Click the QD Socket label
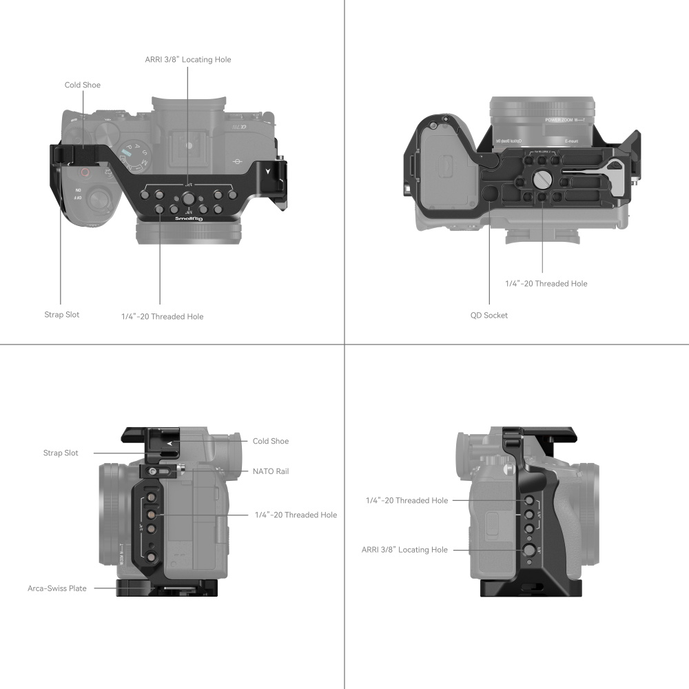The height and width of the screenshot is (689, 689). (490, 315)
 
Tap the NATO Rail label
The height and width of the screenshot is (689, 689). (271, 471)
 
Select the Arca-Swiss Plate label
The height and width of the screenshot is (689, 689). (57, 588)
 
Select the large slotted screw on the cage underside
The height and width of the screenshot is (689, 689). (542, 181)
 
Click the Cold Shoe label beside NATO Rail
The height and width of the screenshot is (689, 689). (271, 441)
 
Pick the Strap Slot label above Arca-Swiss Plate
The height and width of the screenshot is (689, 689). (61, 453)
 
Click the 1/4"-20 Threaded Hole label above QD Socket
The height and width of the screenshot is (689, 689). (546, 283)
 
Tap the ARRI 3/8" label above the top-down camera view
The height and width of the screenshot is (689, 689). (188, 60)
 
